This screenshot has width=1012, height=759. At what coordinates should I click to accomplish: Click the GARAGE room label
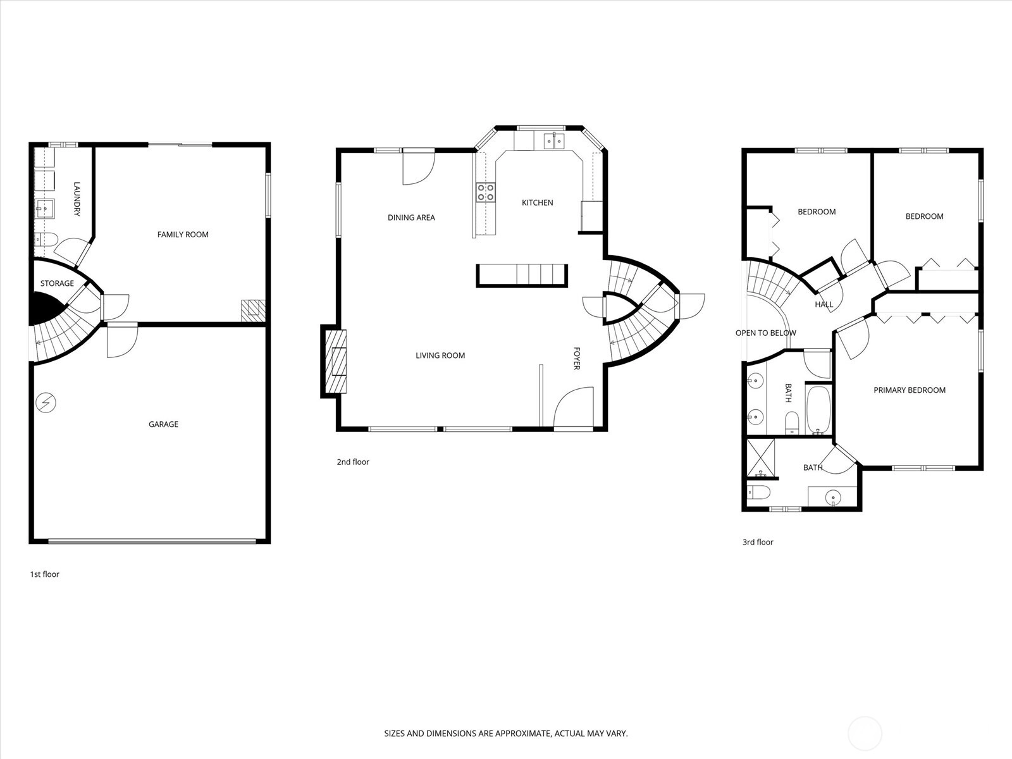pyautogui.click(x=163, y=424)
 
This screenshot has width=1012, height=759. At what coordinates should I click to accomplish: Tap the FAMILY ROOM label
pyautogui.click(x=183, y=235)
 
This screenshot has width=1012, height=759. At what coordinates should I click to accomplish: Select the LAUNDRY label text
pyautogui.click(x=77, y=199)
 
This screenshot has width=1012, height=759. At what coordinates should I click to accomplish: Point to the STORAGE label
pyautogui.click(x=57, y=283)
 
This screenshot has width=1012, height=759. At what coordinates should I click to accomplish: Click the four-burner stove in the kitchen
pyautogui.click(x=486, y=192)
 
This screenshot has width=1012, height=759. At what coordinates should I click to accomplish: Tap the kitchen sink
pyautogui.click(x=553, y=140)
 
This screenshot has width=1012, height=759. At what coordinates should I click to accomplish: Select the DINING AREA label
pyautogui.click(x=411, y=218)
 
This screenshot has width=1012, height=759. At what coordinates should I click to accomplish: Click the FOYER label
pyautogui.click(x=576, y=359)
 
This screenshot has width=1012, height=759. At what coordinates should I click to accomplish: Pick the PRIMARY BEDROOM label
pyautogui.click(x=910, y=390)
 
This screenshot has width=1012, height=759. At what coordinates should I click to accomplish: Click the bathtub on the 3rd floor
pyautogui.click(x=819, y=410)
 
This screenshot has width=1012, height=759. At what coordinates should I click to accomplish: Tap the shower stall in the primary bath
pyautogui.click(x=761, y=458)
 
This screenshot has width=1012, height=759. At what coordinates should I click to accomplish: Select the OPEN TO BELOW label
pyautogui.click(x=766, y=333)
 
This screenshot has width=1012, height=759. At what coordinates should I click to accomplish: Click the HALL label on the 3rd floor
pyautogui.click(x=824, y=304)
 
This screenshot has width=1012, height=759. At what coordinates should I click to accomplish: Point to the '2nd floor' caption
pyautogui.click(x=353, y=462)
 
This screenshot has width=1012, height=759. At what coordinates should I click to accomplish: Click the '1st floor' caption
pyautogui.click(x=45, y=574)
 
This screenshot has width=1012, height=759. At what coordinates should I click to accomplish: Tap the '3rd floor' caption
pyautogui.click(x=758, y=542)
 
